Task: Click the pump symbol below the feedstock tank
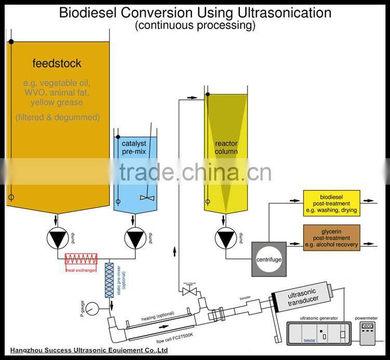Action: [x=57, y=238]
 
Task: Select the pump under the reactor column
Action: [x=225, y=238]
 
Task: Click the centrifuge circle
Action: [x=268, y=259]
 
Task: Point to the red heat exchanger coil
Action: [x=81, y=259]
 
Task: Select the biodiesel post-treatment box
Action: [x=331, y=203]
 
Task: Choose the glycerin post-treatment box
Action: [x=331, y=238]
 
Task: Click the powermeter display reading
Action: [x=367, y=326]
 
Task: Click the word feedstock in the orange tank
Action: [x=57, y=63]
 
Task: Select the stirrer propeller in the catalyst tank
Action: [x=146, y=198]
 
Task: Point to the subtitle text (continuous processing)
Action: [x=195, y=25]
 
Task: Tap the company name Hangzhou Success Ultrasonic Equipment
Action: [x=88, y=351]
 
